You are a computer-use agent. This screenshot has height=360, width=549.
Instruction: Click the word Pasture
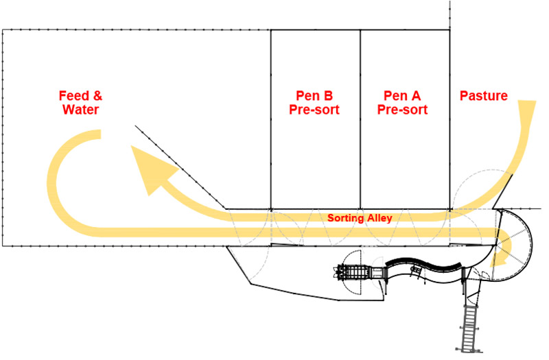(x=483, y=96)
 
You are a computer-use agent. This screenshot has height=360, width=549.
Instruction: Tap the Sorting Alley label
(x=360, y=219)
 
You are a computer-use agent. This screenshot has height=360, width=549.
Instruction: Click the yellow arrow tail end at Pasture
(x=527, y=110)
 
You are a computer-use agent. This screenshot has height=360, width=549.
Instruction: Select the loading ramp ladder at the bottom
(x=471, y=325)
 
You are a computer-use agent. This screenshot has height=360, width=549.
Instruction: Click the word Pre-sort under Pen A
(x=404, y=110)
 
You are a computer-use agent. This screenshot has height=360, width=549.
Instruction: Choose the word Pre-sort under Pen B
(x=316, y=110)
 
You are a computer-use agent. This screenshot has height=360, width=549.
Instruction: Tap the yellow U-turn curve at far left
(x=58, y=185)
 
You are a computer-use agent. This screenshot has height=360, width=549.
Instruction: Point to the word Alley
(x=378, y=219)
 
